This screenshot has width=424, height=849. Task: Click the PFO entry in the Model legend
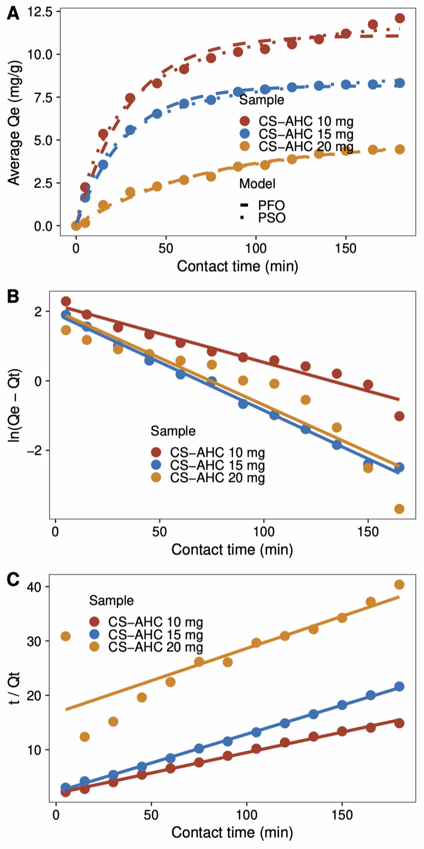[271, 205]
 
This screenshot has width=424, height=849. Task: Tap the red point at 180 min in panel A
[400, 19]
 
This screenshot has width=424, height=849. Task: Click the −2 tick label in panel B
[37, 451]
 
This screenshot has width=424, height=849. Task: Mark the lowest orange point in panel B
[399, 509]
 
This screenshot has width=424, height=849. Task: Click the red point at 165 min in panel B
[399, 416]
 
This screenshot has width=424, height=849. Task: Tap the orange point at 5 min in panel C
[66, 636]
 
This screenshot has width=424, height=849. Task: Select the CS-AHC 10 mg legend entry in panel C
[155, 622]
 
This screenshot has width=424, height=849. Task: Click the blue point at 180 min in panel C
[399, 687]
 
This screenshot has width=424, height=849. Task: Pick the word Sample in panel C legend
[111, 600]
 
